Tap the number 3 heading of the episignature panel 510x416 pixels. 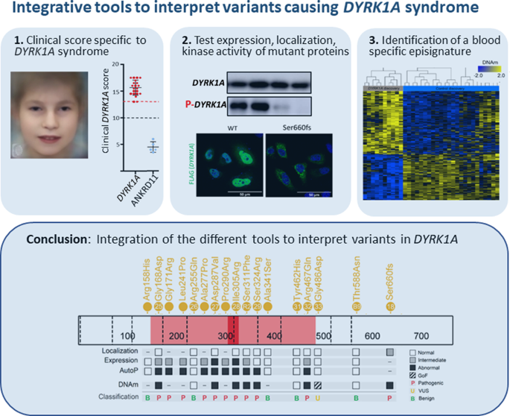click(368, 40)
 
